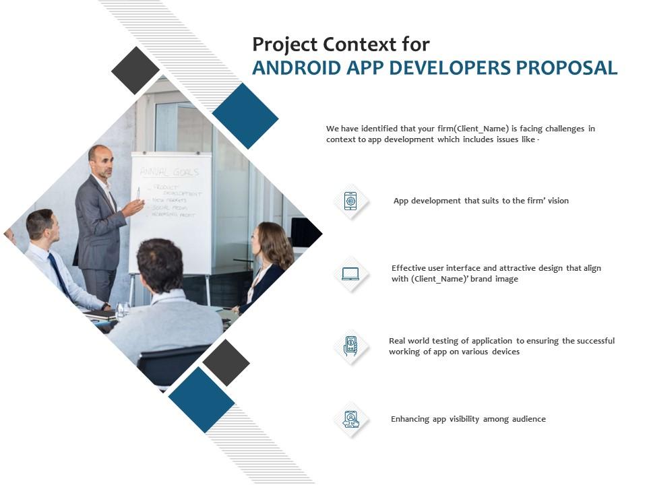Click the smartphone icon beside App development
350,201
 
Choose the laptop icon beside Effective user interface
350,273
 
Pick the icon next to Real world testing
350,346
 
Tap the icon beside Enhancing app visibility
350,419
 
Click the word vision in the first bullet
557,201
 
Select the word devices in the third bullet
505,352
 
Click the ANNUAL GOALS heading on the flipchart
169,171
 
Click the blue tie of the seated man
59,273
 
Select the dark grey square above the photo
135,70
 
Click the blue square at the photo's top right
245,116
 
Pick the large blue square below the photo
202,399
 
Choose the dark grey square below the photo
226,362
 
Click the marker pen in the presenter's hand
139,194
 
